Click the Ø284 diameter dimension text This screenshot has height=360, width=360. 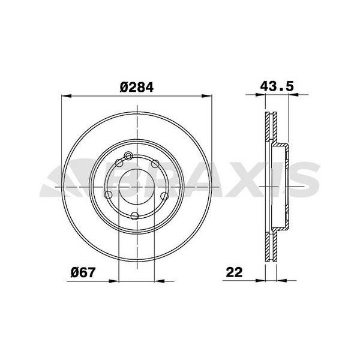pos(137,86)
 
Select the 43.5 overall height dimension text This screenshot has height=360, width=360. pos(276,86)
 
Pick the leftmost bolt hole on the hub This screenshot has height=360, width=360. pos(107,195)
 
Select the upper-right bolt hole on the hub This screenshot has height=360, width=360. pos(154,164)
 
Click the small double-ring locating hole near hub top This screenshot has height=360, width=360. pos(127,157)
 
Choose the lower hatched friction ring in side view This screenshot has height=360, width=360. pos(271,246)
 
